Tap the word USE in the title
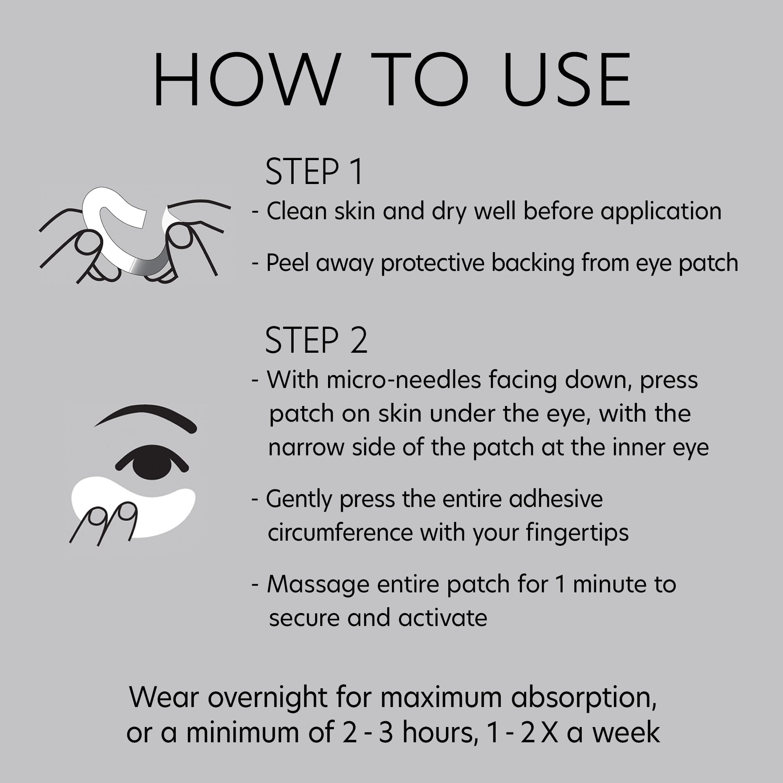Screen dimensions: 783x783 pos(567,79)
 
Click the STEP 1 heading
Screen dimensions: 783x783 pos(314,172)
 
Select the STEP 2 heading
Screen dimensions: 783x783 pos(316,341)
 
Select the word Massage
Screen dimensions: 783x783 pos(318,585)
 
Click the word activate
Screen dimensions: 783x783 pos(442,618)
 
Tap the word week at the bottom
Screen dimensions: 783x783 pos(626,732)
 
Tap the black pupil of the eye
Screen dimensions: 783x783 pos(152,462)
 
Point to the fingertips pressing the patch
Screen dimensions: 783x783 pos(110,515)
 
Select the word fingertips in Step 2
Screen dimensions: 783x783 pos(577,532)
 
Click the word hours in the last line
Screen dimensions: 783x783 pos(438,732)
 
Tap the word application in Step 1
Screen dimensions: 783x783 pos(660,211)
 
